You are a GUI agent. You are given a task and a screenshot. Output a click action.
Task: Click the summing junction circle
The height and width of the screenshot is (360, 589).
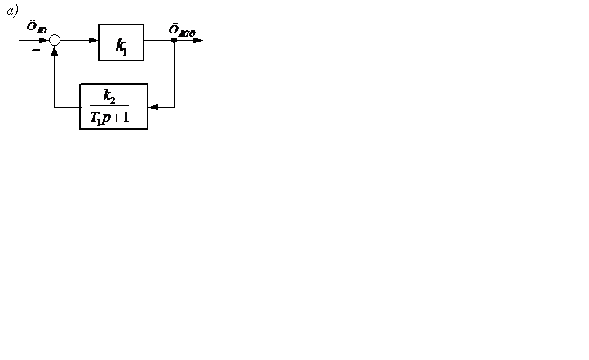tap(55, 40)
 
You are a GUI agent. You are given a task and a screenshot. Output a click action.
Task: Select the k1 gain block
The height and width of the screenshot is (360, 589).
tap(121, 42)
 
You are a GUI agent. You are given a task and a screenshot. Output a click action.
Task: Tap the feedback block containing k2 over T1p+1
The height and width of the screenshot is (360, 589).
tap(113, 106)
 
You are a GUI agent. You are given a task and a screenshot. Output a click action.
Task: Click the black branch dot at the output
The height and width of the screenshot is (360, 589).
tap(174, 40)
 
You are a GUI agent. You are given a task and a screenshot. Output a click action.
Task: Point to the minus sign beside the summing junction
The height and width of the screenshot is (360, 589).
tap(36, 50)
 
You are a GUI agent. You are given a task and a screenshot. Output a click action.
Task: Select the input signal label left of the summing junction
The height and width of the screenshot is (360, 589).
tap(37, 26)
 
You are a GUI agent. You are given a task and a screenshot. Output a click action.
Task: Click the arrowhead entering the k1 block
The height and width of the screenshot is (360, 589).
tap(94, 40)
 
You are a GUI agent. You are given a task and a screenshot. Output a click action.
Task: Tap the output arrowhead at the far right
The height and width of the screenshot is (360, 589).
tap(198, 40)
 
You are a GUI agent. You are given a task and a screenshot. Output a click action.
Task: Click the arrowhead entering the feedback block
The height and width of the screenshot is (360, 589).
tap(153, 107)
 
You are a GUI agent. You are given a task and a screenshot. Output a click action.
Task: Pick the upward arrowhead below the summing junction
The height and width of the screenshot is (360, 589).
tap(55, 51)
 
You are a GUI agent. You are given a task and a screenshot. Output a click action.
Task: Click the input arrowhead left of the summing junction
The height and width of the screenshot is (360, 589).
tap(44, 40)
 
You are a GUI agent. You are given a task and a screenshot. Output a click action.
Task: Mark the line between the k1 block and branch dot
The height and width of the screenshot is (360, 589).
tap(158, 40)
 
